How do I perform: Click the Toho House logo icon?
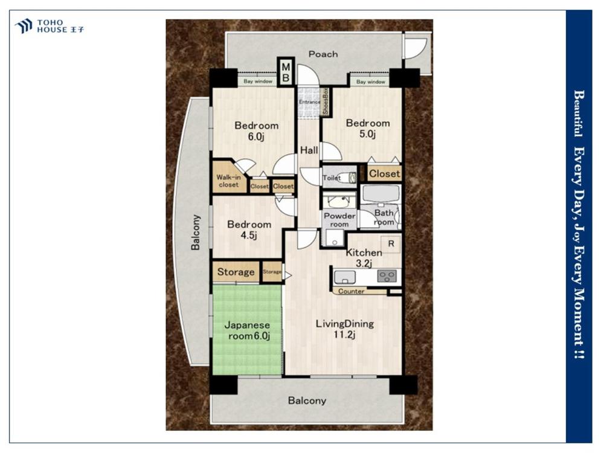[23, 26]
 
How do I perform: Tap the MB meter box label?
[286, 72]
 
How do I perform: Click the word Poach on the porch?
[323, 54]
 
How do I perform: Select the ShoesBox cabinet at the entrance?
[326, 101]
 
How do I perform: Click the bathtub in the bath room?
[381, 194]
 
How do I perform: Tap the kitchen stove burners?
[387, 276]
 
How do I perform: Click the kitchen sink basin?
[345, 277]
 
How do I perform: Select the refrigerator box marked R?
[391, 244]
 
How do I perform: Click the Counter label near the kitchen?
[352, 292]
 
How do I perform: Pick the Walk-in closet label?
[229, 181]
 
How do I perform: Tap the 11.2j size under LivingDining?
[344, 335]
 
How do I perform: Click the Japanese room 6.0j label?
[247, 330]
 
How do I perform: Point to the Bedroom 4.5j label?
[249, 230]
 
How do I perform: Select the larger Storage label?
[236, 272]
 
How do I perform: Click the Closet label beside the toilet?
[384, 174]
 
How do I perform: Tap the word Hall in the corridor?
[309, 150]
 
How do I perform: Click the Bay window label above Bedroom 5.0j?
[371, 82]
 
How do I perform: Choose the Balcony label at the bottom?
[307, 400]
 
